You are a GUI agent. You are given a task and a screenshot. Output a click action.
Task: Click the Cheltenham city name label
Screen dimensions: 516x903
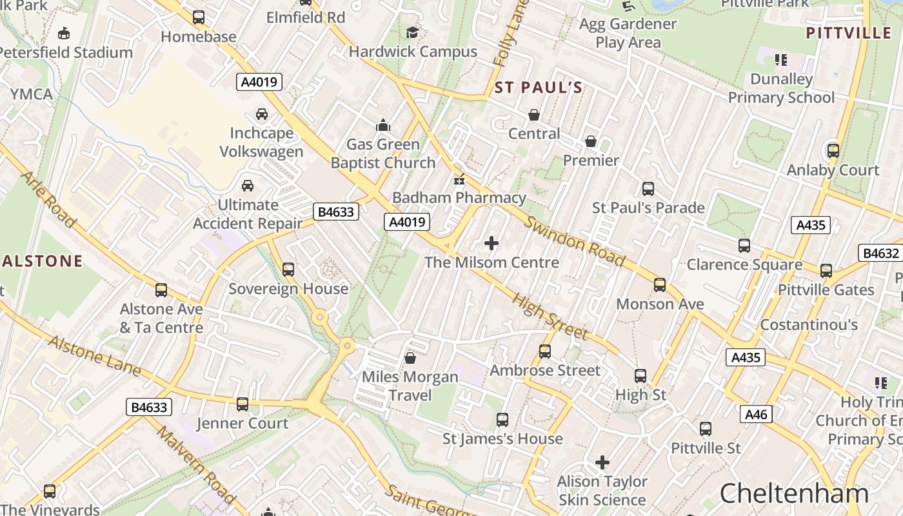(794, 493)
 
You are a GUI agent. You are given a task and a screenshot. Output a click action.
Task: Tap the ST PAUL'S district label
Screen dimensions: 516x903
(538, 88)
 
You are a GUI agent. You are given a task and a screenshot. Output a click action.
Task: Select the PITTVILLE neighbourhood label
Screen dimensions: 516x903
(849, 33)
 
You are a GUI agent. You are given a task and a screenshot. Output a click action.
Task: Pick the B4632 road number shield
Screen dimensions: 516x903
(880, 253)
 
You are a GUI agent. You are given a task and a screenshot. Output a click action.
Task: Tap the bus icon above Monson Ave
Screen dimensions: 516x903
(659, 284)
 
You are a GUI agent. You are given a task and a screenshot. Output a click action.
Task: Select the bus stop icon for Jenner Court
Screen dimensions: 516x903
(243, 404)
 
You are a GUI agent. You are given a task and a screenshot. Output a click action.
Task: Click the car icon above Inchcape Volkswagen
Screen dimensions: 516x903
(262, 114)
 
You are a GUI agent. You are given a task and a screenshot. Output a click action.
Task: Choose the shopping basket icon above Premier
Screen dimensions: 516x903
(591, 141)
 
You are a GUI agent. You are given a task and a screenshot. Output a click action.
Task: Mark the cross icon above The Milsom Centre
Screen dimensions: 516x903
(491, 243)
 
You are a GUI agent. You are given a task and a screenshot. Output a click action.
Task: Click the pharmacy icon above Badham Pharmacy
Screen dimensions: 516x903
(459, 179)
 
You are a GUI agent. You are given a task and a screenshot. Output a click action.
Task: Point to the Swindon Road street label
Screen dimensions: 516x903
(574, 241)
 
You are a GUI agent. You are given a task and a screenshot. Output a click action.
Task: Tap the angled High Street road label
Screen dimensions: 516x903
(550, 316)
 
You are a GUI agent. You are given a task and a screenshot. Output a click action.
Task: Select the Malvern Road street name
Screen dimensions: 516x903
(195, 464)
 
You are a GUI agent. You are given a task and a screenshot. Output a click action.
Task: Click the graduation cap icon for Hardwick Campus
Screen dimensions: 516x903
(412, 32)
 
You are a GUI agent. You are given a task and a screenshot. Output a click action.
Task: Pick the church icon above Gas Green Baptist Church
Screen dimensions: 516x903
(383, 124)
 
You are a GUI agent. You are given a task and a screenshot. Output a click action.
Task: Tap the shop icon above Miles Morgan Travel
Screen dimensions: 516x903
(410, 357)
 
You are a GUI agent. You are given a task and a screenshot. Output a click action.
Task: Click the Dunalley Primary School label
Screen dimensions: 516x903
(781, 88)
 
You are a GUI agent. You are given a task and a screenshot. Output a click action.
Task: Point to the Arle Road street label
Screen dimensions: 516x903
(49, 199)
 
